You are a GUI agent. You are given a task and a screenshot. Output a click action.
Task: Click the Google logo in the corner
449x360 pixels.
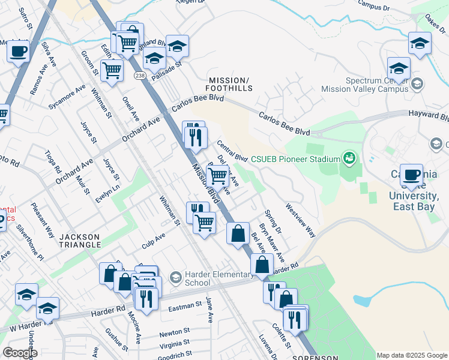tap(20, 353)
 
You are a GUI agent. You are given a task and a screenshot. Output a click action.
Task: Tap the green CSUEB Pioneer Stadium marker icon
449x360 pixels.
tap(349, 159)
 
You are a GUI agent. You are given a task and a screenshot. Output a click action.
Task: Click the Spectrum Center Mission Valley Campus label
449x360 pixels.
tap(376, 85)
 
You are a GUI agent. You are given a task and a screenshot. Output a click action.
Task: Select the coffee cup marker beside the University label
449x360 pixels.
tap(411, 175)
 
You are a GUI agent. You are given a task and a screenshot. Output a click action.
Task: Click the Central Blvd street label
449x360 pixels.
tap(232, 151)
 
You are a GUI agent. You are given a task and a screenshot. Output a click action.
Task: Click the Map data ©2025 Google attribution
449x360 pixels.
tap(412, 355)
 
